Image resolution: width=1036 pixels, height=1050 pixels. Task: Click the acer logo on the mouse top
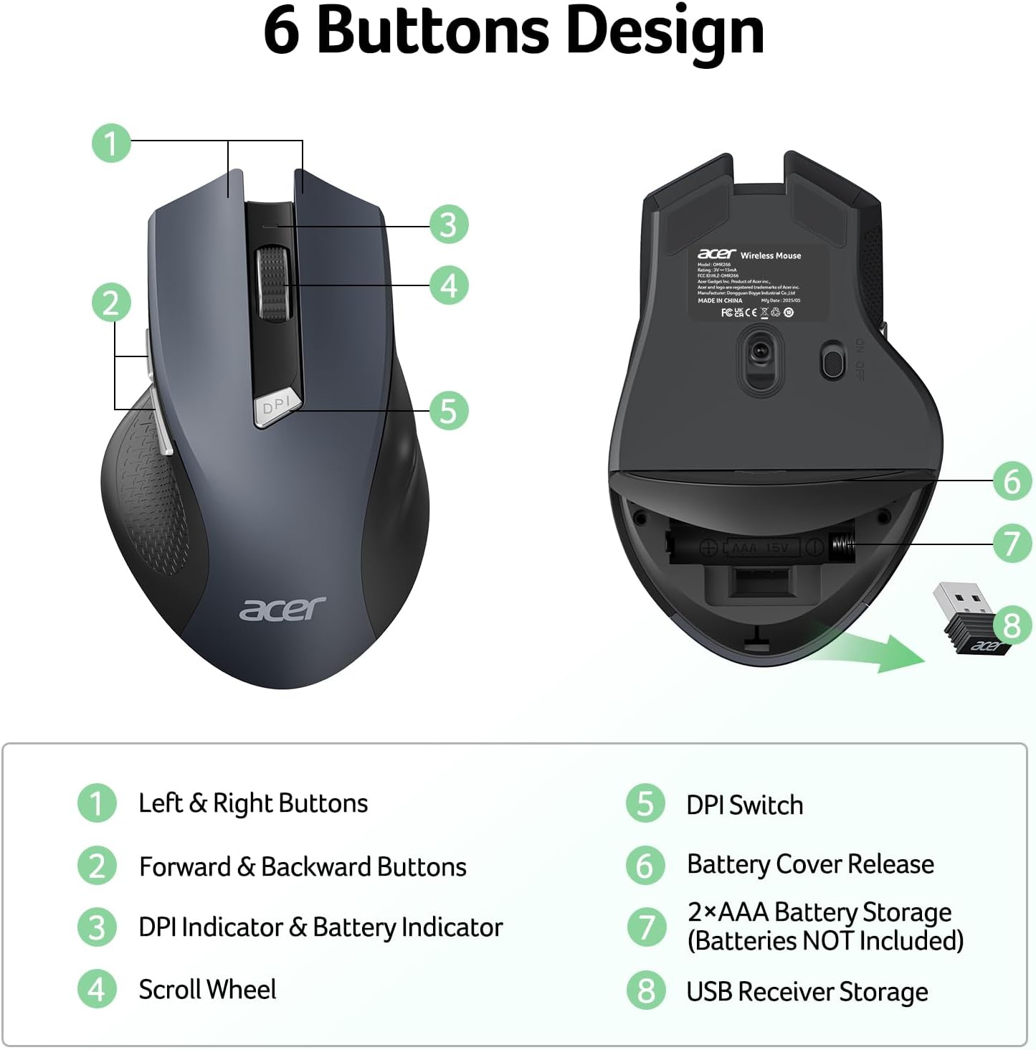pyautogui.click(x=282, y=608)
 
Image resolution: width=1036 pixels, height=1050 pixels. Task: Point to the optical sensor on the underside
pyautogui.click(x=759, y=352)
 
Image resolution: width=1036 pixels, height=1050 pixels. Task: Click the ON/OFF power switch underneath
pyautogui.click(x=832, y=361)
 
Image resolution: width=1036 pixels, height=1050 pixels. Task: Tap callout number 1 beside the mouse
pyautogui.click(x=111, y=143)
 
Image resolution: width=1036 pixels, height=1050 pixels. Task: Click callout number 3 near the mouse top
pyautogui.click(x=449, y=224)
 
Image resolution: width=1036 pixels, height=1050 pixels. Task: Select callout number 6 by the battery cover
pyautogui.click(x=1012, y=481)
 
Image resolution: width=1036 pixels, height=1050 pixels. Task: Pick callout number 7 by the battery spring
pyautogui.click(x=1012, y=542)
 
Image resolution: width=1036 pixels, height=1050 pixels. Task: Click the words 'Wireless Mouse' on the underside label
pyautogui.click(x=771, y=255)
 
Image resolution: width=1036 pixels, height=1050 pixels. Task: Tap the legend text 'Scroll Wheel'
pyautogui.click(x=207, y=990)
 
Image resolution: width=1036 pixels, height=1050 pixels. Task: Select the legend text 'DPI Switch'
pyautogui.click(x=744, y=805)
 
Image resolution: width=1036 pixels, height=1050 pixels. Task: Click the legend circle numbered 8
pyautogui.click(x=646, y=990)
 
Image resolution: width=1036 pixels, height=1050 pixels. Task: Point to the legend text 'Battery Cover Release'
pyautogui.click(x=810, y=864)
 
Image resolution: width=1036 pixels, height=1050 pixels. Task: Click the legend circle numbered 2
pyautogui.click(x=97, y=866)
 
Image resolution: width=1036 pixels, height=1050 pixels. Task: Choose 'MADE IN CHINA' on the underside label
pyautogui.click(x=720, y=301)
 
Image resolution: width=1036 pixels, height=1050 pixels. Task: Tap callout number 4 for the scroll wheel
pyautogui.click(x=449, y=285)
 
